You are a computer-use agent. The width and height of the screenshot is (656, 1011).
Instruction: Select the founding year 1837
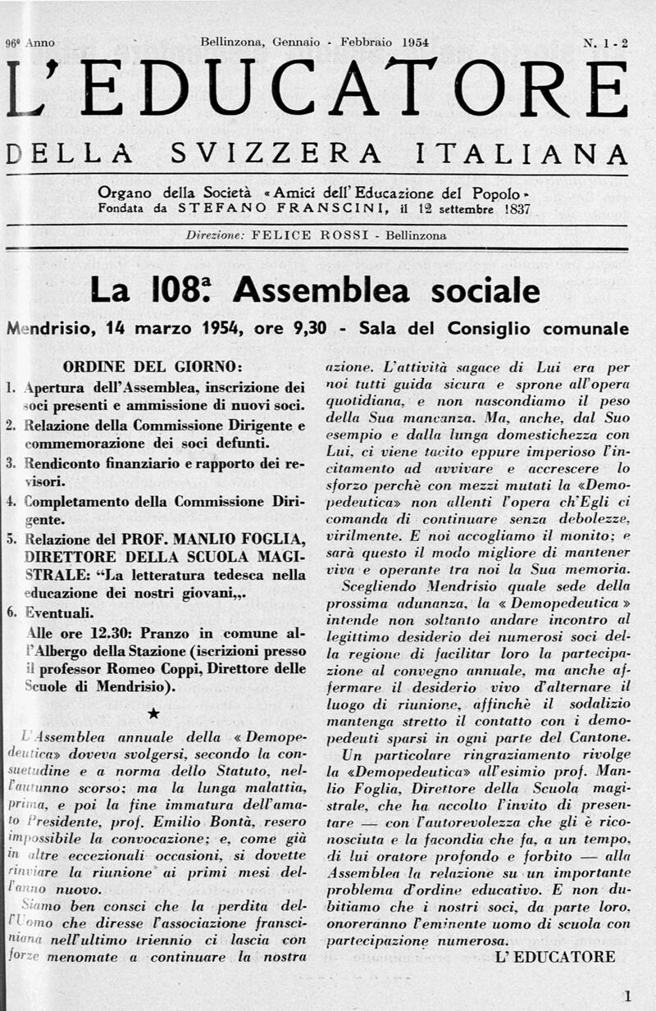tap(513, 208)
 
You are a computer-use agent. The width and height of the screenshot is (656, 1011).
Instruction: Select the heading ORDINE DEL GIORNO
tap(153, 366)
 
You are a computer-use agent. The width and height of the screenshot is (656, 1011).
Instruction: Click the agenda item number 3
tap(11, 463)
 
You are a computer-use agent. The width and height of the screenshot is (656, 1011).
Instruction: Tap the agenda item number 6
tap(11, 612)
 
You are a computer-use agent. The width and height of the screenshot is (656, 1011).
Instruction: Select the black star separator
tap(154, 715)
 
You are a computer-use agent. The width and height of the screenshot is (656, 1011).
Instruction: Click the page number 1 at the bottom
tap(627, 997)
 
